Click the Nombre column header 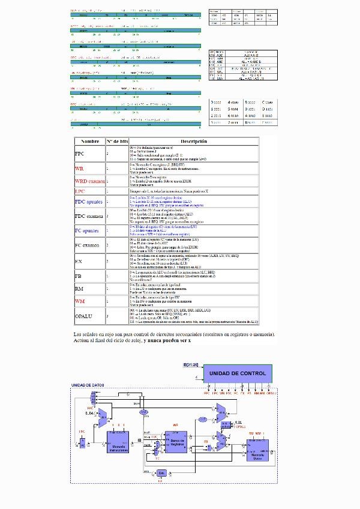pos(89,141)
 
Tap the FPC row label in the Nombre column pos(80,154)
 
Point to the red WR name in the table pos(79,169)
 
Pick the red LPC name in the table pos(80,191)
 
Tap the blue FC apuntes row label pos(88,230)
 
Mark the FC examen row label pos(88,245)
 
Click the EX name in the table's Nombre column pos(79,261)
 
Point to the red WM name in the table pos(80,300)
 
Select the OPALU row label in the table pos(83,315)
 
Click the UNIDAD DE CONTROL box pos(237,373)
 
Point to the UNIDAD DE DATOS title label pos(88,385)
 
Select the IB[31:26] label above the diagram pos(190,363)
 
